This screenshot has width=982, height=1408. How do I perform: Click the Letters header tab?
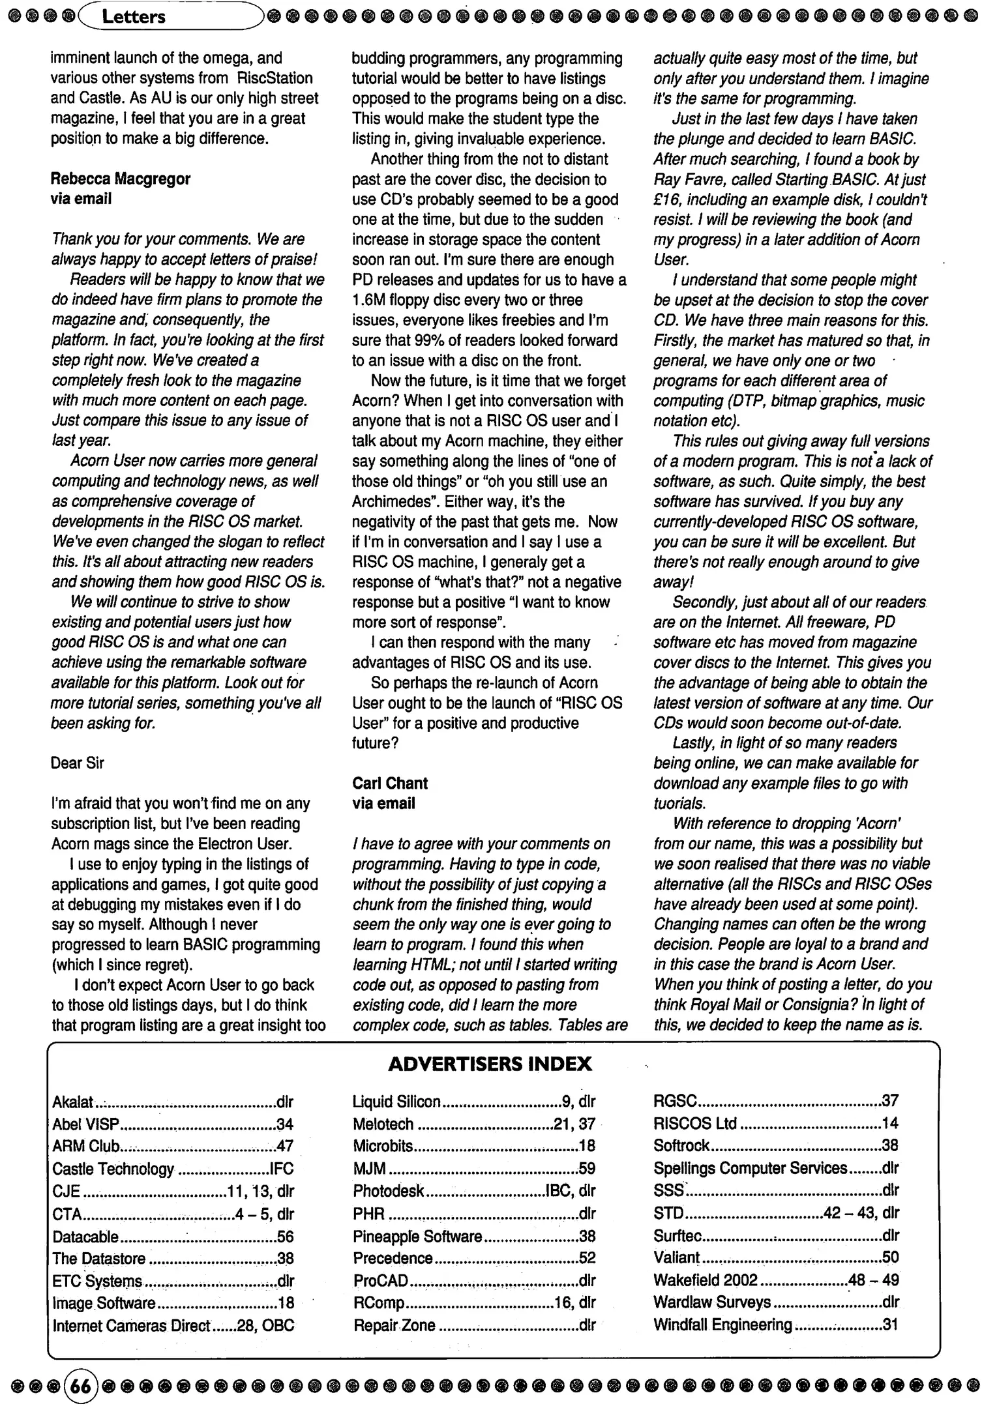pos(134,16)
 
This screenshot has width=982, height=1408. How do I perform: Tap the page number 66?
pos(81,1387)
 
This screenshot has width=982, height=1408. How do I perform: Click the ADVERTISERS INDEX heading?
pos(490,1064)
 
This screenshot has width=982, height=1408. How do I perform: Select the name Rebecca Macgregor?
pos(121,179)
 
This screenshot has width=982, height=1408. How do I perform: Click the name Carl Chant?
pos(390,784)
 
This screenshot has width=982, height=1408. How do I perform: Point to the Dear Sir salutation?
pos(77,763)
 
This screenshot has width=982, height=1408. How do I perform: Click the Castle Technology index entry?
pos(113,1169)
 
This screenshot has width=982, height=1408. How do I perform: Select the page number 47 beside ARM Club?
pos(285,1146)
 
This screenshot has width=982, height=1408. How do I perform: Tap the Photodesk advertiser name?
pos(388,1191)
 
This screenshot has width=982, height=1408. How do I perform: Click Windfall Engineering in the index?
pos(722,1325)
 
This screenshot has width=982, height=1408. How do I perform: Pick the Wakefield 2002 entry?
pos(705,1280)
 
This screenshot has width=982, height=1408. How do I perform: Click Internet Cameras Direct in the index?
pos(131,1325)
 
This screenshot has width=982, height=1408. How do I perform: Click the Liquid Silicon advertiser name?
pos(396,1102)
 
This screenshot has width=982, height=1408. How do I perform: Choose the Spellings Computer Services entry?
pos(750,1168)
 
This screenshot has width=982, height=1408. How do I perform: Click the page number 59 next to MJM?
pos(586,1169)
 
